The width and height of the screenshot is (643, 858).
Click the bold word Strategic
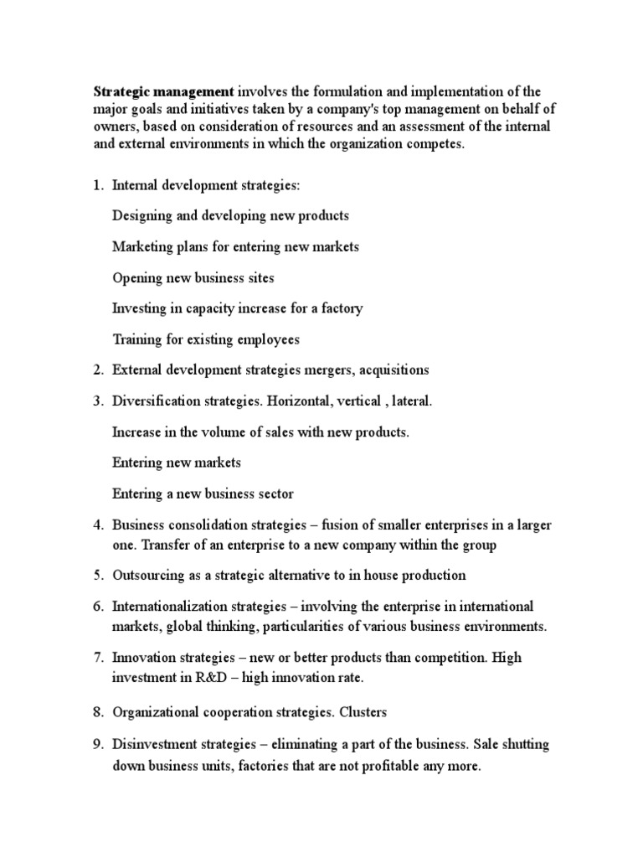coord(121,90)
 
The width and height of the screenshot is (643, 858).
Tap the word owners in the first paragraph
coord(114,126)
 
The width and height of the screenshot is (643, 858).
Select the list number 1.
coord(96,185)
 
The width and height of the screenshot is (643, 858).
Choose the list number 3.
coord(96,401)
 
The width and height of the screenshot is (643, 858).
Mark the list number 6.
coord(96,606)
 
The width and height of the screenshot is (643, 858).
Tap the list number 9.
coord(96,744)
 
